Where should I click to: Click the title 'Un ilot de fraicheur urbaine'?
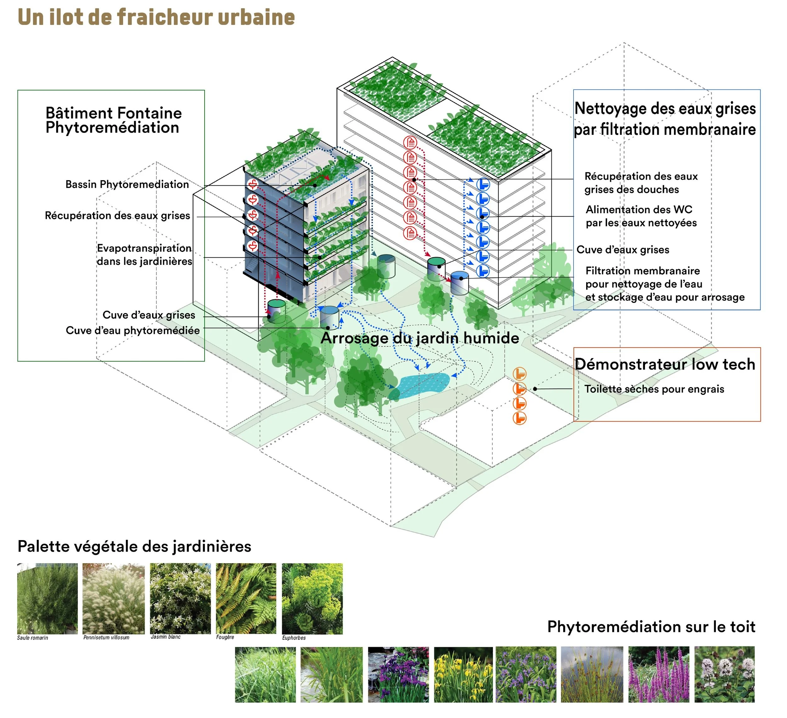[x=156, y=18]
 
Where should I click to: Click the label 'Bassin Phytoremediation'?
[x=127, y=184]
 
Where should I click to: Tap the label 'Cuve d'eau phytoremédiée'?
[x=133, y=330]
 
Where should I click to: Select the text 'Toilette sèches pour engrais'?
[x=654, y=389]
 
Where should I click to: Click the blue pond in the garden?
[x=422, y=385]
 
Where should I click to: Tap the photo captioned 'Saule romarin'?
[x=47, y=598]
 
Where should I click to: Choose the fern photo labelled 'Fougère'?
[x=246, y=598]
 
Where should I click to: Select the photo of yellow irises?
[x=463, y=674]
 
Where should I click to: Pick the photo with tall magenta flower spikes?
[x=659, y=674]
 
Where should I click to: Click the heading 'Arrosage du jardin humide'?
[x=420, y=338]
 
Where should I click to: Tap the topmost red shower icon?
[x=410, y=143]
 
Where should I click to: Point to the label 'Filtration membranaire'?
[x=643, y=271]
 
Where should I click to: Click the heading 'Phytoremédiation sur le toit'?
[x=651, y=627]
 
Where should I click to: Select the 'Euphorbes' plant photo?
[x=312, y=598]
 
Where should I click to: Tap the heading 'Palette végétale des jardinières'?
[x=134, y=546]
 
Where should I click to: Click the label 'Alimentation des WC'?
[x=639, y=210]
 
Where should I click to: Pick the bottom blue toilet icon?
[x=483, y=271]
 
